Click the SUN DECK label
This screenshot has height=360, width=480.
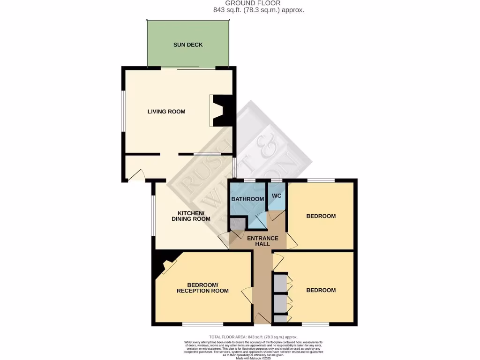click(188, 45)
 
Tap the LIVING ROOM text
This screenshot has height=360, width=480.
click(166, 112)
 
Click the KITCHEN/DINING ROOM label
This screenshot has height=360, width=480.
click(191, 216)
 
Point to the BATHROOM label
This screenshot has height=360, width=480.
click(247, 199)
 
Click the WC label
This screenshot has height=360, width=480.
click(277, 195)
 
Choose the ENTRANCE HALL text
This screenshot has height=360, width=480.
click(262, 241)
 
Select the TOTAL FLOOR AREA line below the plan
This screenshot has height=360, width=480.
click(253, 337)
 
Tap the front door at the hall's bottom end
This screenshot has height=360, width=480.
click(262, 319)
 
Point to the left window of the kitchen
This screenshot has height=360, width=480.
click(152, 215)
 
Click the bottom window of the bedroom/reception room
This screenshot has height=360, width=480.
click(202, 324)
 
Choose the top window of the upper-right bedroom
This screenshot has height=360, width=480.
click(321, 180)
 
